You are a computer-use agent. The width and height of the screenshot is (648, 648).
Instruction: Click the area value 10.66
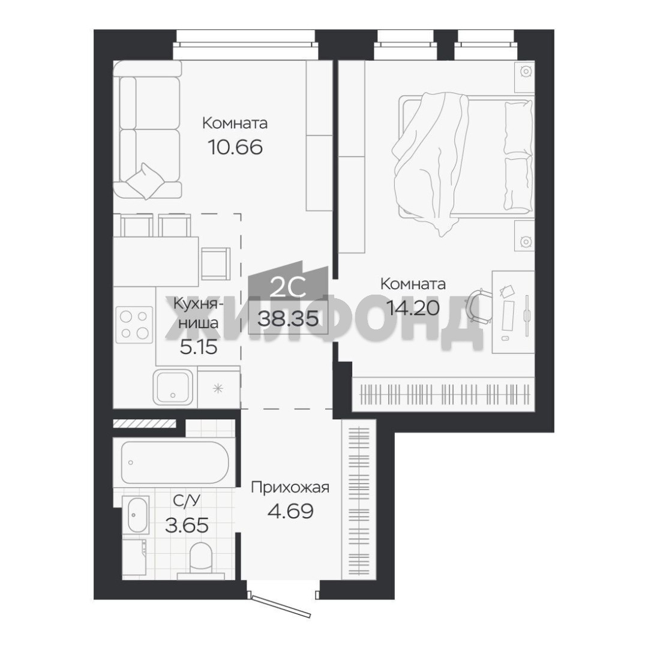(235, 147)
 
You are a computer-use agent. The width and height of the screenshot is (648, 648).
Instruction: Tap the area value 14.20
(412, 307)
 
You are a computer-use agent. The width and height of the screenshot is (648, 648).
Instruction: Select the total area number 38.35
(288, 318)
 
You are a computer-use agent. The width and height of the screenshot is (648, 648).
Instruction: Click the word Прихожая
(290, 488)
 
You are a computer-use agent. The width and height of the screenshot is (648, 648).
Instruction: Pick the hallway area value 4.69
(290, 511)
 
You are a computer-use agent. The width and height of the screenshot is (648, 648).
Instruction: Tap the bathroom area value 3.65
(187, 526)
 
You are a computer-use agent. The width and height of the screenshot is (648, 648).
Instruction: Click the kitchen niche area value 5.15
(199, 347)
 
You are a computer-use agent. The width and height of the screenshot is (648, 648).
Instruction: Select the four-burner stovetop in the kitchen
(134, 325)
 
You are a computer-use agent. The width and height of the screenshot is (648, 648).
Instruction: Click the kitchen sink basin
(173, 387)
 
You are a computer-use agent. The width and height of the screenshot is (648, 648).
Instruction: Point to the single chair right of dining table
(215, 263)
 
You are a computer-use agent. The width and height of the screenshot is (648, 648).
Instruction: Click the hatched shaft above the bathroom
(145, 423)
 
